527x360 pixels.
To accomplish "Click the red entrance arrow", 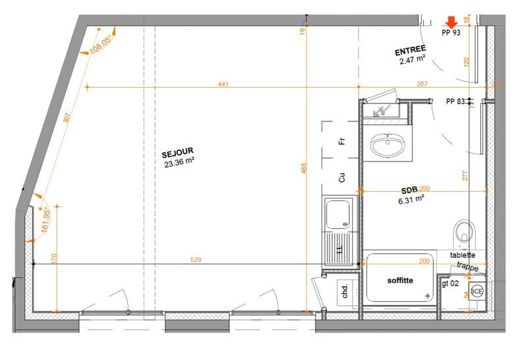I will pyautogui.click(x=451, y=22).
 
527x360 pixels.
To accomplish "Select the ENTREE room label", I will pyautogui.click(x=410, y=50).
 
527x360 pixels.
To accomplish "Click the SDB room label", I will pyautogui.click(x=409, y=190).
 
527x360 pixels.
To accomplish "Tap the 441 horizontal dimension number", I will pyautogui.click(x=224, y=84).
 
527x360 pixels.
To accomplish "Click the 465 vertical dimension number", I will pyautogui.click(x=303, y=169).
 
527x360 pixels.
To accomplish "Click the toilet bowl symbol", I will pyautogui.click(x=465, y=231).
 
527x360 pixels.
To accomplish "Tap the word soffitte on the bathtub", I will pyautogui.click(x=399, y=281).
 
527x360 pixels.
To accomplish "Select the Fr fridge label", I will pyautogui.click(x=342, y=142).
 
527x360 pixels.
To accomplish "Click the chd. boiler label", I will pyautogui.click(x=345, y=291).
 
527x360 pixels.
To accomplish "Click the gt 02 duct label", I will pyautogui.click(x=451, y=282).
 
